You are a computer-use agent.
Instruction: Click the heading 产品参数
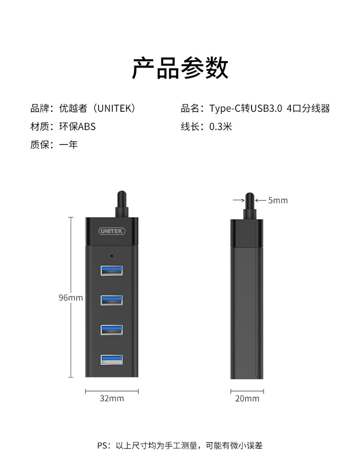(180, 68)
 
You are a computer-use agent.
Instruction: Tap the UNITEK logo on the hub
(112, 231)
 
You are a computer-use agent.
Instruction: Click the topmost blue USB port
(112, 270)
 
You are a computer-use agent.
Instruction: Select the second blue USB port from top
(112, 300)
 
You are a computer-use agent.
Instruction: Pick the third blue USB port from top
(112, 330)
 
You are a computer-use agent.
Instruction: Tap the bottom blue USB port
(112, 359)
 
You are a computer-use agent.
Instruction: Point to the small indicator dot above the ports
(112, 256)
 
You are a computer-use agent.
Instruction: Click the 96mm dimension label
(71, 297)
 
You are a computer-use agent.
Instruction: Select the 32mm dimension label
(112, 398)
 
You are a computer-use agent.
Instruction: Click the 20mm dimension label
(247, 398)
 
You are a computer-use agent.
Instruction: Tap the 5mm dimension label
(278, 200)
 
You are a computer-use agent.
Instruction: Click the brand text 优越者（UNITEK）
(97, 109)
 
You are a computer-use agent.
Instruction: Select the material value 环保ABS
(77, 127)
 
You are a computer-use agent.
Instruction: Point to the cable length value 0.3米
(220, 127)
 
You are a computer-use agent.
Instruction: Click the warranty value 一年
(68, 145)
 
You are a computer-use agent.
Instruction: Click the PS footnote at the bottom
(180, 445)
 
